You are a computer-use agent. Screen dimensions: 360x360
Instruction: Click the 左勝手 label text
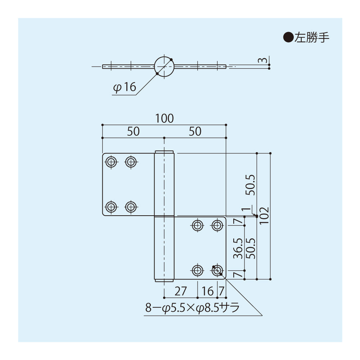point(312,37)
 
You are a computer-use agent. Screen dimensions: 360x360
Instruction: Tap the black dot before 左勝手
point(289,37)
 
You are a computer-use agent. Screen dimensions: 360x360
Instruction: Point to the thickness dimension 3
point(264,60)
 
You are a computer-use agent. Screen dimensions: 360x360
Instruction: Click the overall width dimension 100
point(165,118)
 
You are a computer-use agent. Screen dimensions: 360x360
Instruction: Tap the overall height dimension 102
point(264,216)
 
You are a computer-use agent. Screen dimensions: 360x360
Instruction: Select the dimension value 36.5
point(238,248)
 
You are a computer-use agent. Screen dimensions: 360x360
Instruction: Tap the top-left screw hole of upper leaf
point(111,162)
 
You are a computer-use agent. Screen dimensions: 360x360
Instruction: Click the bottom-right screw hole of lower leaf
point(217,270)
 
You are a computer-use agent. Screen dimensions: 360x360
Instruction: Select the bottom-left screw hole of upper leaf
point(111,207)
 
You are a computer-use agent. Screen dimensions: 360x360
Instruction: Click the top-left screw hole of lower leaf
point(197,226)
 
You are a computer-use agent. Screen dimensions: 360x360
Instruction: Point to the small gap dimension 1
point(247,210)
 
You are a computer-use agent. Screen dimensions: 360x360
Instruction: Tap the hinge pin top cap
point(164,152)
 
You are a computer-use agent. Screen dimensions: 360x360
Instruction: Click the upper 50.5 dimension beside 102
point(251,185)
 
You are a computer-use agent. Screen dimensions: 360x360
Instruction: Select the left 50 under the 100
point(133,131)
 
